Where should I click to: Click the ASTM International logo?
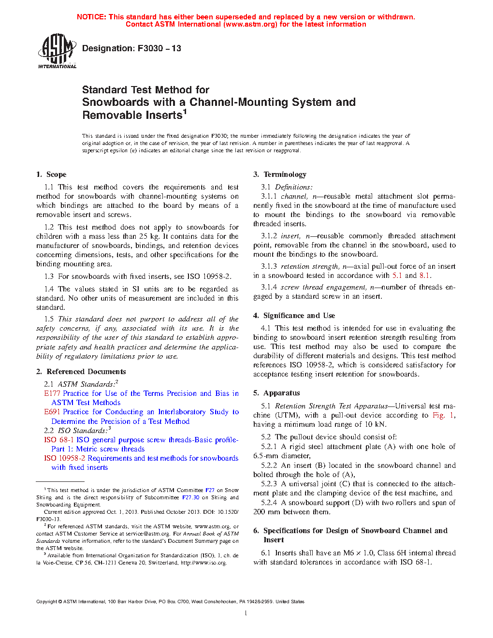57,51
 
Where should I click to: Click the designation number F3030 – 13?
159,48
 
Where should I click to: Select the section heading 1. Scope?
51,174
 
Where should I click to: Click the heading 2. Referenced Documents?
81,372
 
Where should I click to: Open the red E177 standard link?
53,393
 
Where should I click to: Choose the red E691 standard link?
53,412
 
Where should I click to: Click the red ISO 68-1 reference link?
58,440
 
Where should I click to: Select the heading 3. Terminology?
280,174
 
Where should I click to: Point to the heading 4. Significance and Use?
294,316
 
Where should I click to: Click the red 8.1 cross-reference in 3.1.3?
424,275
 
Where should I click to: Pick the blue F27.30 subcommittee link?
190,497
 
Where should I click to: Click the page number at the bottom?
246,613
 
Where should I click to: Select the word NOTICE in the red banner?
91,17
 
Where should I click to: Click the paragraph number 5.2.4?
269,503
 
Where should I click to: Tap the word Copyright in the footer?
47,602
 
